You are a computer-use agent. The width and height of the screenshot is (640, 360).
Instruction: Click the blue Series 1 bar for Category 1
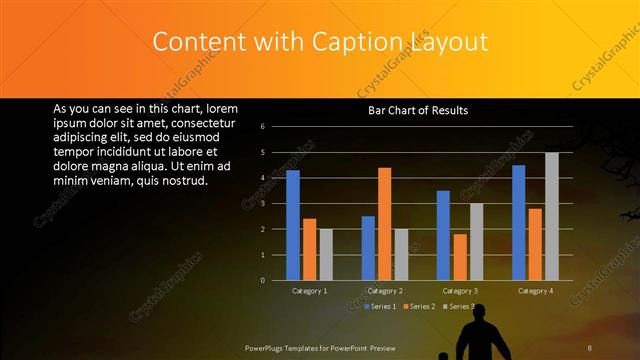(x=293, y=225)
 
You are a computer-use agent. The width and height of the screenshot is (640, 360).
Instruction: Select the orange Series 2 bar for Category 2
(x=384, y=224)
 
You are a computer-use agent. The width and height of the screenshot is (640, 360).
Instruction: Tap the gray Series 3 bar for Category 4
(x=551, y=216)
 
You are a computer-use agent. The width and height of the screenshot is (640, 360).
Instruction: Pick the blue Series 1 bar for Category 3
(x=443, y=235)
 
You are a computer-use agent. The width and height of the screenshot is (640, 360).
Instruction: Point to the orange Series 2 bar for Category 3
(x=459, y=257)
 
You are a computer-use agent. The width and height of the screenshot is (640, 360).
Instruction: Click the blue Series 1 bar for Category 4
(x=519, y=222)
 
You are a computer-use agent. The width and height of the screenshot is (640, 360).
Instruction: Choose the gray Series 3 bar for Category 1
(x=325, y=254)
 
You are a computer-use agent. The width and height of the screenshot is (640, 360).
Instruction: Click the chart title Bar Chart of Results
(x=418, y=110)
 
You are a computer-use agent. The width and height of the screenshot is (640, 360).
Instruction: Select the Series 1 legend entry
(x=381, y=306)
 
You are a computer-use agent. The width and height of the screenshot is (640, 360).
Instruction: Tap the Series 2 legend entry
(x=419, y=306)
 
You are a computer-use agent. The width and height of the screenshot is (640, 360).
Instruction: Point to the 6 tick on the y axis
(x=262, y=127)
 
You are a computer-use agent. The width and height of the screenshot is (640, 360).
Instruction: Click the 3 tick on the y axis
(x=262, y=204)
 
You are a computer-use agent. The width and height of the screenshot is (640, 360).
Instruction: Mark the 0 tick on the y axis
(x=262, y=280)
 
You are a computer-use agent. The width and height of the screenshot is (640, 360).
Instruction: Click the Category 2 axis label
(x=384, y=291)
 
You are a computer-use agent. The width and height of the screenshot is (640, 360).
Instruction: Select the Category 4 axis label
(x=535, y=291)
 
